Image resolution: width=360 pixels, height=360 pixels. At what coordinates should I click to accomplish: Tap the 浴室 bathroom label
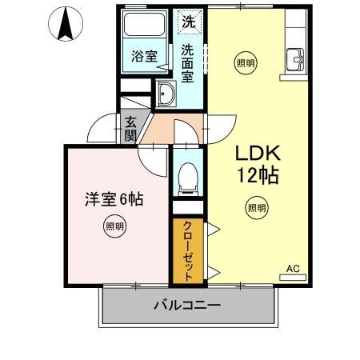pos(144,55)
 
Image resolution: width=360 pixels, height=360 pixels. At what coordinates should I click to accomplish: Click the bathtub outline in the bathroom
pos(145,26)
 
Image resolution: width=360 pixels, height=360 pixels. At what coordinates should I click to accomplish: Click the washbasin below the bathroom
pos(166,94)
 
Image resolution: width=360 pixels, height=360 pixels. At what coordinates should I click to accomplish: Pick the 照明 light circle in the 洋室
pos(114,227)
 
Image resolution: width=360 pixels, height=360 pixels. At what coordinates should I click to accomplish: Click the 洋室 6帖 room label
pos(114,198)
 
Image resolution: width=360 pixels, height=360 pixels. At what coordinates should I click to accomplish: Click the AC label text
pos(292,269)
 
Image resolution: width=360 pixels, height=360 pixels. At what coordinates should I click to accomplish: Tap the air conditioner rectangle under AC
pos(292,278)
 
